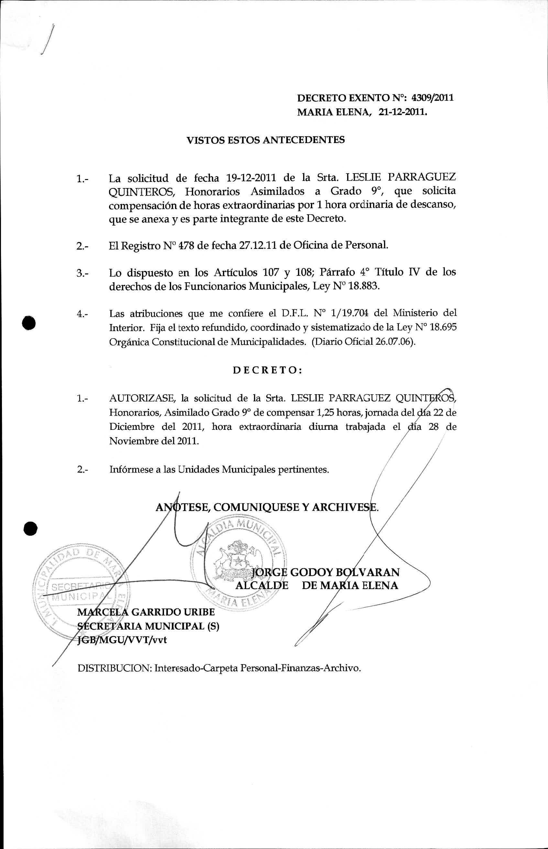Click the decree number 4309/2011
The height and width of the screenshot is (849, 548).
pos(432,98)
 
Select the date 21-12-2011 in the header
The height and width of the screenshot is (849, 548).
pos(402,113)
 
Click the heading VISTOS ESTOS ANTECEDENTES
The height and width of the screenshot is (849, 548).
pos(266,140)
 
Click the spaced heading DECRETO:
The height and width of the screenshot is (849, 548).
pos(268,370)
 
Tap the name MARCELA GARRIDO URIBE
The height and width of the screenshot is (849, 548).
pos(146,612)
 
